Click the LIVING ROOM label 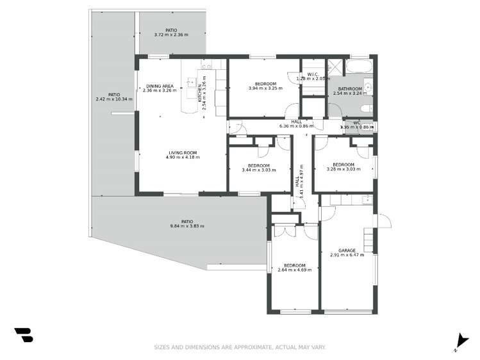(x=183, y=152)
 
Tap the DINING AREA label (x=159, y=86)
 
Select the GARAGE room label (x=347, y=250)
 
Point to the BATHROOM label (x=351, y=89)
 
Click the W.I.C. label (x=313, y=74)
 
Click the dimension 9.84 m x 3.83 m (x=182, y=226)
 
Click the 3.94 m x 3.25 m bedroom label (x=265, y=85)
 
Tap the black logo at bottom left (x=23, y=335)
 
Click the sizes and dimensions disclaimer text (x=240, y=347)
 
